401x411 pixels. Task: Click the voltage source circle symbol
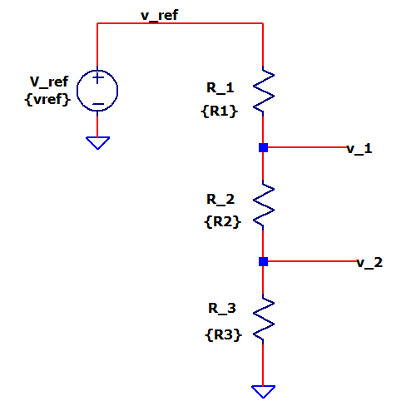[77, 91]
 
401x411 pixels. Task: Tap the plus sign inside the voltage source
[97, 78]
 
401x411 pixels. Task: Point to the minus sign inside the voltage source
[97, 104]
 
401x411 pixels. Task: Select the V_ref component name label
[49, 82]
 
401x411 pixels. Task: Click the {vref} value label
[47, 99]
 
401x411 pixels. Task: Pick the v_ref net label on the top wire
[159, 16]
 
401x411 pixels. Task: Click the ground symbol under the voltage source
[97, 143]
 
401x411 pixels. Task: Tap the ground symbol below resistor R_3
[263, 392]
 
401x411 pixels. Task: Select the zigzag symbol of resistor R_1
[264, 91]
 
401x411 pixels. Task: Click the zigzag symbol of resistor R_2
[264, 205]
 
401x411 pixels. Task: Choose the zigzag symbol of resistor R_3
[264, 319]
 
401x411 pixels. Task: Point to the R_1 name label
[220, 88]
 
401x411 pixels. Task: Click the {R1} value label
[219, 111]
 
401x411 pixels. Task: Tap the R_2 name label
[220, 200]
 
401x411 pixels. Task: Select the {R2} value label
[222, 221]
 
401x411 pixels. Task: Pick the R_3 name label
[222, 309]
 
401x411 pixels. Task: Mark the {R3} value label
[223, 334]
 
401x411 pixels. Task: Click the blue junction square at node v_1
[263, 147]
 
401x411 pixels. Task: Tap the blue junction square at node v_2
[263, 261]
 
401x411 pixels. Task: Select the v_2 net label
[369, 263]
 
